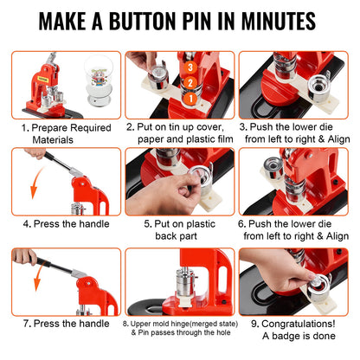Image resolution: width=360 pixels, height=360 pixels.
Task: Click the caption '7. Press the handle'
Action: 61,324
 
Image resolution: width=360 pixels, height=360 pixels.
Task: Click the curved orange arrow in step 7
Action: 35,286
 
